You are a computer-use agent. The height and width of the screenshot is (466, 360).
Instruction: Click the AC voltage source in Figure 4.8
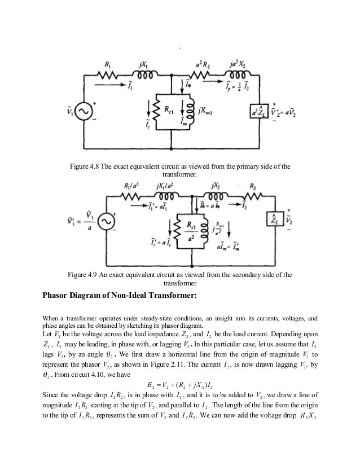pos(93,113)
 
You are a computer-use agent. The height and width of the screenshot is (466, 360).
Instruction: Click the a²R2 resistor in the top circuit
pos(204,74)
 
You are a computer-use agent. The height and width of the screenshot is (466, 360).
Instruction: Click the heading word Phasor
pos(60,294)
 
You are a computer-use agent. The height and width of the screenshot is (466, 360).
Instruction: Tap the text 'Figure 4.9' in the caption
pos(83,275)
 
